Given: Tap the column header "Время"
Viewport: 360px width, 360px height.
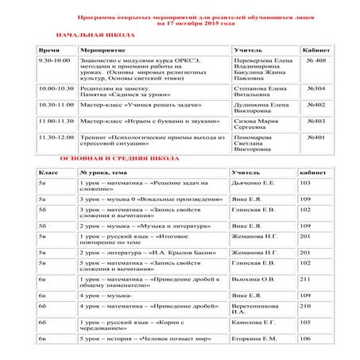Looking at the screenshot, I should tap(49, 49).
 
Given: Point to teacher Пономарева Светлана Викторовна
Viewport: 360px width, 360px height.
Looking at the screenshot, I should tap(260, 142).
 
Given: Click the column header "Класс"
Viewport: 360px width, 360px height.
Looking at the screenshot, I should tap(49, 172).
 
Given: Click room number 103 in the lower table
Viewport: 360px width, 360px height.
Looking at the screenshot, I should tap(305, 183).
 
